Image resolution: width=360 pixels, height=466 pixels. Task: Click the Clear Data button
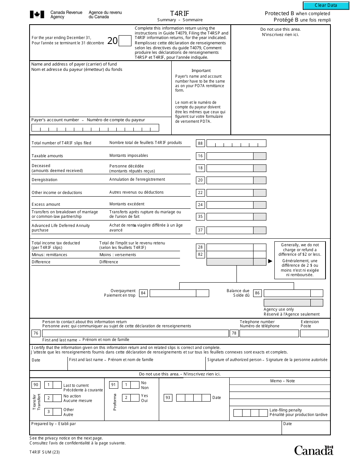click(x=326, y=5)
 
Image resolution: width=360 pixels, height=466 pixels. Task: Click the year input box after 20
click(x=125, y=41)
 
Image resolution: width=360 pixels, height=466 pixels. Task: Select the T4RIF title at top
click(x=180, y=14)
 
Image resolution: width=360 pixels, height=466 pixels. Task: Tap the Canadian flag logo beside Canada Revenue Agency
click(x=37, y=15)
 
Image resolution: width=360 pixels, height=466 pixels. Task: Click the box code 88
click(x=200, y=143)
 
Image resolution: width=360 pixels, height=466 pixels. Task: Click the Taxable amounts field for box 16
click(x=230, y=156)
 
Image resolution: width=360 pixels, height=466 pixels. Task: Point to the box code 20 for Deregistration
click(x=200, y=180)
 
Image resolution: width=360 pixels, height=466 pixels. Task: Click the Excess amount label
click(x=46, y=205)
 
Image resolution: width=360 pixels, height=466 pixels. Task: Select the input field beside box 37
click(x=230, y=230)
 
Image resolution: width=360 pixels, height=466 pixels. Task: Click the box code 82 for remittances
click(x=200, y=255)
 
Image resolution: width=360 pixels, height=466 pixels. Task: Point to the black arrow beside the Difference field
click(x=270, y=261)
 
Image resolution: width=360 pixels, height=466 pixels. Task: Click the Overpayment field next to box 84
click(x=173, y=293)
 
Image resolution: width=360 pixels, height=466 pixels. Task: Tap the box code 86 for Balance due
click(x=258, y=293)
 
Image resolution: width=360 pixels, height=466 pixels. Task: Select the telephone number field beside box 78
click(x=269, y=333)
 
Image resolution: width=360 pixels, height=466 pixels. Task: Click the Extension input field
click(x=314, y=333)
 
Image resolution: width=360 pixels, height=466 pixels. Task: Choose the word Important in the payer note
click(x=201, y=71)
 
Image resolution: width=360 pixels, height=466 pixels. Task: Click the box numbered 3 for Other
click(x=49, y=412)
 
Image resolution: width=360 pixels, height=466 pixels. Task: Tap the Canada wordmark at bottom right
click(x=313, y=450)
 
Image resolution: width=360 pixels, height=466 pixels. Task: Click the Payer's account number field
click(x=95, y=128)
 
